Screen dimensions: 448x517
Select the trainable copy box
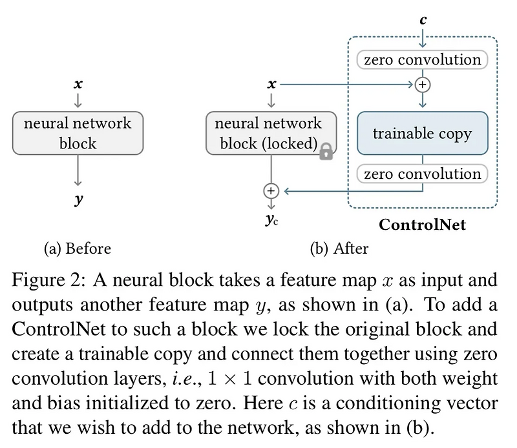(422, 134)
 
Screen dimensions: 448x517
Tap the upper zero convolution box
(422, 60)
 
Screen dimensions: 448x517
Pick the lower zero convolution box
(422, 174)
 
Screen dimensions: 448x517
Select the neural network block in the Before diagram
(78, 134)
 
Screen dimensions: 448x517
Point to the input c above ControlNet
(423, 20)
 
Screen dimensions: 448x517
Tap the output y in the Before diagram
(78, 199)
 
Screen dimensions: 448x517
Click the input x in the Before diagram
(78, 84)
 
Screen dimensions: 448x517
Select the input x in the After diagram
(271, 84)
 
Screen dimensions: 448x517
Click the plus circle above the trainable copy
(423, 85)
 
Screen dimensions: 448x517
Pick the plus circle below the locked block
(271, 190)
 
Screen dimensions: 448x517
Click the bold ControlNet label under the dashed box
(422, 225)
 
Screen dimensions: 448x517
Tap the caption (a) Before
(77, 249)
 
